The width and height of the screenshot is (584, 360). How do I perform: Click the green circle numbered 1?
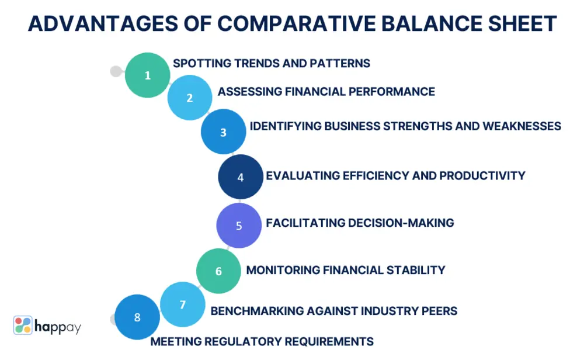coord(148,75)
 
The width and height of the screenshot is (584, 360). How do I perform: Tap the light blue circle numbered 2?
coord(190,98)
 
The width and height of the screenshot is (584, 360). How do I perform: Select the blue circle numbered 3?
coord(224,131)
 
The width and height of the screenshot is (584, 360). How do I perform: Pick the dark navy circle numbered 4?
coord(241,176)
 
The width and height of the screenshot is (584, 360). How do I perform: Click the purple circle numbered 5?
coord(239,226)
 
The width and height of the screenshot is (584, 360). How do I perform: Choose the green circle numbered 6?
coord(218,271)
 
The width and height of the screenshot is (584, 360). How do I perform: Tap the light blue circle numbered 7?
coord(182,304)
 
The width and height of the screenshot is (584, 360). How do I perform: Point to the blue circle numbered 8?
coord(137,317)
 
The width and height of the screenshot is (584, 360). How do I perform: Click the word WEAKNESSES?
coord(522,126)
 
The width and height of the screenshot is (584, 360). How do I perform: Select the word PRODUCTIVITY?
coord(482,175)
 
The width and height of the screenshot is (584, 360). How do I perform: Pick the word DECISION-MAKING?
coord(401,223)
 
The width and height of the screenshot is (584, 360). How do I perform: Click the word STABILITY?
coord(416,270)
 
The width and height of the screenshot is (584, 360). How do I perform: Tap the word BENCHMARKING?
coord(257,311)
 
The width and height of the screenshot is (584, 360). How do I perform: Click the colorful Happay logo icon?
coord(23,325)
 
